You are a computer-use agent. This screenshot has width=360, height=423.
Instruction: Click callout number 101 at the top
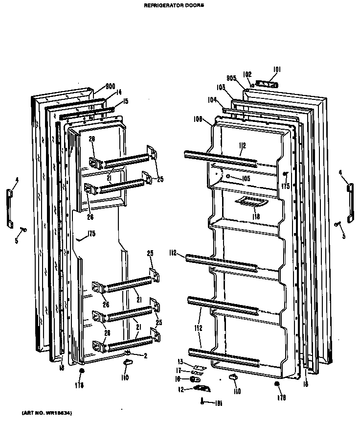point(277,69)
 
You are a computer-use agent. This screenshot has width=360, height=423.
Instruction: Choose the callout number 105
point(245,179)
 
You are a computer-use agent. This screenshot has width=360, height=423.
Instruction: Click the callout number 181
point(219,403)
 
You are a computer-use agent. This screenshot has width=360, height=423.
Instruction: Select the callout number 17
point(180,370)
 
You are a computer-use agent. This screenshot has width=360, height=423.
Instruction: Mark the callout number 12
point(180,389)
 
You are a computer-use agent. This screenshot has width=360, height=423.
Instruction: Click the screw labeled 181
point(202,401)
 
